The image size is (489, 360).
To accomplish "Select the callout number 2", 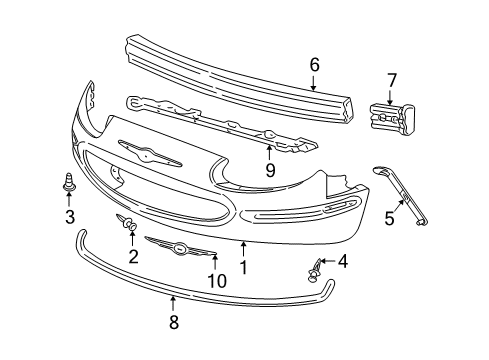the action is coord(132,255).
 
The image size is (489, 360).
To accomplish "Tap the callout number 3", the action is coord(69,219).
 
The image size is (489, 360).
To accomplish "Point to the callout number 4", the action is coord(343,262).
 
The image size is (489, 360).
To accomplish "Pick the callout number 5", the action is coord(389,218).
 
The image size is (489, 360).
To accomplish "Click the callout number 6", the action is coord(314,65).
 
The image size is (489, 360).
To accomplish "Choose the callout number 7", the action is coord(392,79).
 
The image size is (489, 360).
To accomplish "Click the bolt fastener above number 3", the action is coord(69,184).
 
